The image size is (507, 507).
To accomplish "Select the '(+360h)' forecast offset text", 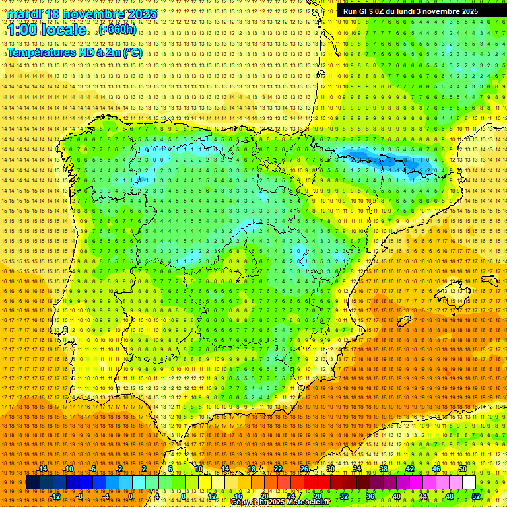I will click(x=118, y=30).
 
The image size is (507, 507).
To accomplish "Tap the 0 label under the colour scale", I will click(x=131, y=496).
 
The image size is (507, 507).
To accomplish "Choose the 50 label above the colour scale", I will click(x=463, y=469).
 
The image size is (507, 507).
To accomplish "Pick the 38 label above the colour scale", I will click(x=384, y=469).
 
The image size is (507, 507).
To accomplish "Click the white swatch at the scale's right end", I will click(x=469, y=483).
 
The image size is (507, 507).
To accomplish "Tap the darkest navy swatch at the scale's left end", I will click(x=33, y=483).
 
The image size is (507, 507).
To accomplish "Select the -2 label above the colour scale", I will click(x=119, y=469).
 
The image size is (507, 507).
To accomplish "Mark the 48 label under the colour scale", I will click(x=450, y=496).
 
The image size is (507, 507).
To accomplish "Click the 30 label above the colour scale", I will click(x=331, y=469).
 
